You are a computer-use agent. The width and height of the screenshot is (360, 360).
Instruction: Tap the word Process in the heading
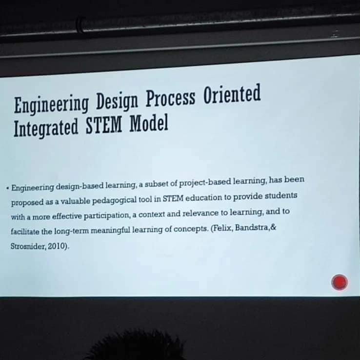170,98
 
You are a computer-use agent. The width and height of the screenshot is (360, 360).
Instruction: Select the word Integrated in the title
46,127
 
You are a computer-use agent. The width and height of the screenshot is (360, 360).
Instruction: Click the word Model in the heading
149,123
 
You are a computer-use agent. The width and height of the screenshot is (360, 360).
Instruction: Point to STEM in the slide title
103,125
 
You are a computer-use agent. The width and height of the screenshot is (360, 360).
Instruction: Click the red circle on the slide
340,282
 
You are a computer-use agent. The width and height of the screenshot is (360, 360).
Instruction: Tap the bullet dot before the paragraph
8,188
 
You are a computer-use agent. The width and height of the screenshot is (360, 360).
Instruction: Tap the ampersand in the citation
273,227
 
